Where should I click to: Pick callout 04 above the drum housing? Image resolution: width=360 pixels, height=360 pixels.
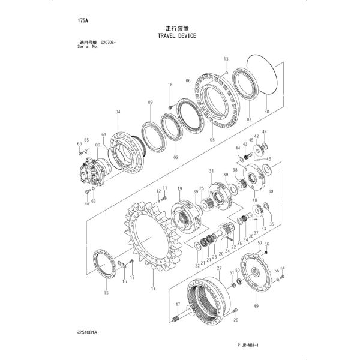click(x=118, y=112)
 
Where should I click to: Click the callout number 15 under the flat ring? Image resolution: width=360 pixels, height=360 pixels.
click(x=106, y=293)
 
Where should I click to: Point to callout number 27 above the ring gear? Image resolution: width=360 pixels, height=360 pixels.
click(x=219, y=268)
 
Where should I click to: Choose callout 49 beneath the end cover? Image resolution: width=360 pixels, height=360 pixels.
click(x=257, y=307)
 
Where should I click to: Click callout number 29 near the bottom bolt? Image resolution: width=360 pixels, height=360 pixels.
click(x=236, y=320)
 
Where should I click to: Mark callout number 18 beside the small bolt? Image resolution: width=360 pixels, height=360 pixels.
click(x=170, y=85)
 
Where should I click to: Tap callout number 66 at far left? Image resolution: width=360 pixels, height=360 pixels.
click(x=79, y=144)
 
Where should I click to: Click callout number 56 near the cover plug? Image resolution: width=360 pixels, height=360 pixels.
click(x=267, y=244)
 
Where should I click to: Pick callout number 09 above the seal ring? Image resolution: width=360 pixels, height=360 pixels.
click(x=150, y=103)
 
